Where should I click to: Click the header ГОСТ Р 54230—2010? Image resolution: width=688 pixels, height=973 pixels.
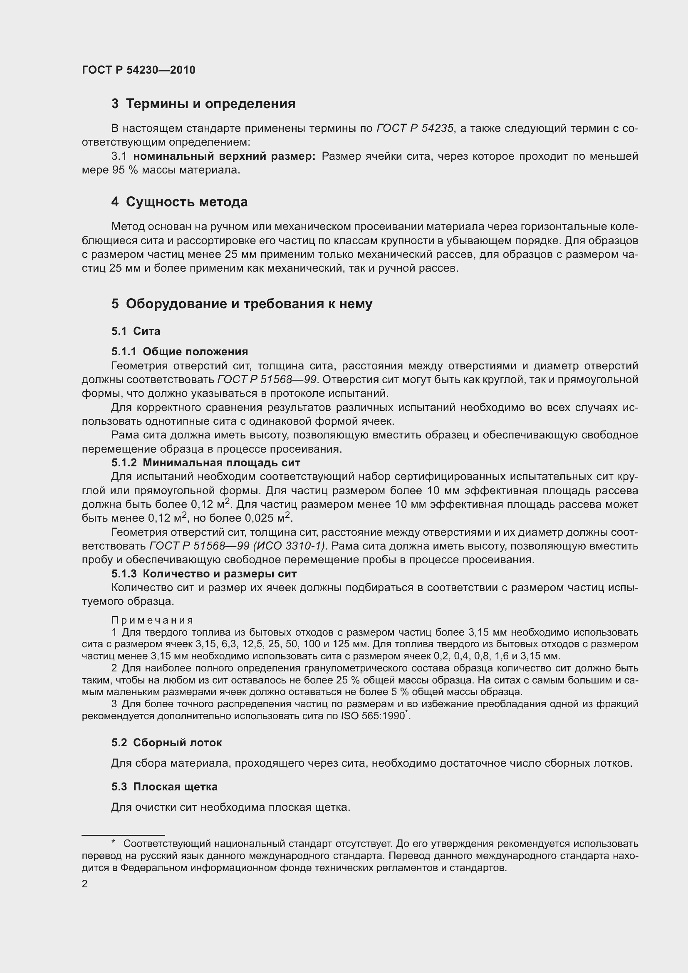pos(139,70)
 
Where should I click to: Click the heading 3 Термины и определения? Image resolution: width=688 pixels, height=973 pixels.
pos(203,104)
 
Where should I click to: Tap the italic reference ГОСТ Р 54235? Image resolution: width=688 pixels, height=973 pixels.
pos(415,128)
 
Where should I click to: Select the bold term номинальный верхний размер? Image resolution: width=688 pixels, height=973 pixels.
pos(224,156)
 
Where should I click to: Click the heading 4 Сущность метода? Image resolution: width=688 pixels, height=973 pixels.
pos(179,202)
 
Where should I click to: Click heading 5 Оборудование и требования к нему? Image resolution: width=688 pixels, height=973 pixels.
pos(242,304)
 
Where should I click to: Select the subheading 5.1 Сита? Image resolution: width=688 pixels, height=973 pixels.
pos(136,332)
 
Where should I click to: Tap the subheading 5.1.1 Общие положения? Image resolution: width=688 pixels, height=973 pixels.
pos(180,352)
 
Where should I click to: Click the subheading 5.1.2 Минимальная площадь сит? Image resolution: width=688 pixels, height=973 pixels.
pos(205,463)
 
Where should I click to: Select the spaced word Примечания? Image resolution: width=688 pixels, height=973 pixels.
pos(152,620)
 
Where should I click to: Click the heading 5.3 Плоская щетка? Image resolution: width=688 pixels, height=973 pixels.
pos(164,787)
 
